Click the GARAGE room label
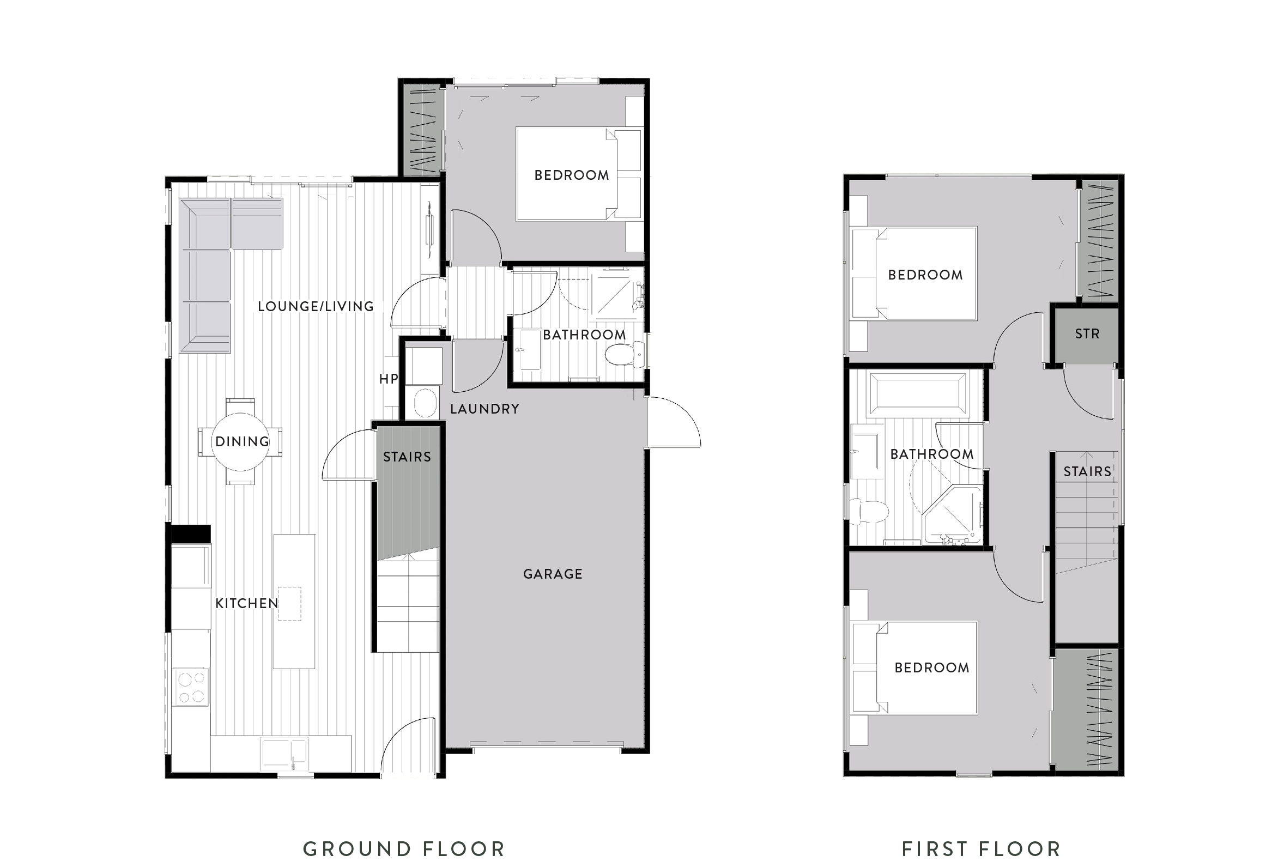coord(553,574)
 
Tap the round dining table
coord(240,442)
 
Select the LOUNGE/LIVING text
coord(316,306)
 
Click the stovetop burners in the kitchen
coord(191,686)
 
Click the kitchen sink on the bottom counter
coord(284,752)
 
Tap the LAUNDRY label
coord(484,409)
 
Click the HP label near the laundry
coord(388,379)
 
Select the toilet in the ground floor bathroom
coord(623,354)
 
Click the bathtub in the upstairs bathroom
coord(918,393)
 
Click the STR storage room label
coord(1087,333)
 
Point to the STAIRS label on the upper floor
coord(1087,471)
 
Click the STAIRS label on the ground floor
coord(407,457)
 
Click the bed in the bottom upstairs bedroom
coord(917,667)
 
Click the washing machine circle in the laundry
coord(425,403)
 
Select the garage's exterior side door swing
coord(677,423)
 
